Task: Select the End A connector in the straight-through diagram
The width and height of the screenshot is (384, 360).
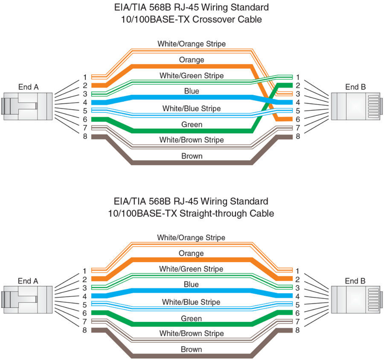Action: click(27, 300)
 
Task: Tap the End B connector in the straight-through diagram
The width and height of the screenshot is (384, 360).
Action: click(357, 300)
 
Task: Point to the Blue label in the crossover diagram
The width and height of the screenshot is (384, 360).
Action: click(191, 91)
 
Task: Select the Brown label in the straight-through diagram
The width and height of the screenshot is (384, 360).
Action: click(191, 349)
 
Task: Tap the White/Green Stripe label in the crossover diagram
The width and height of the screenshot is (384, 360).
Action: click(191, 76)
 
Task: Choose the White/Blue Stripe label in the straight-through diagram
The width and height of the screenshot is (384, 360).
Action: click(191, 302)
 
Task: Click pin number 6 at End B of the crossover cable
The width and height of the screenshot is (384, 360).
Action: click(298, 119)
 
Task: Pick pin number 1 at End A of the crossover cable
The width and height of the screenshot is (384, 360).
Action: click(85, 77)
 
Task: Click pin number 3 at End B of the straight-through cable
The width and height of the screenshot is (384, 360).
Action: click(297, 288)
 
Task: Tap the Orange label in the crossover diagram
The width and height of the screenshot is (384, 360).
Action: click(191, 60)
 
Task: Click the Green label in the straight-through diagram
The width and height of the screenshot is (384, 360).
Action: click(191, 318)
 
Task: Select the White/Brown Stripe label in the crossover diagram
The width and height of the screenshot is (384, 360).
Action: click(191, 140)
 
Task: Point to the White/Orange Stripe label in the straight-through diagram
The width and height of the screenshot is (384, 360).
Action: click(191, 237)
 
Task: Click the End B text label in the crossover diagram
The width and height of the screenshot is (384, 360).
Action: click(356, 87)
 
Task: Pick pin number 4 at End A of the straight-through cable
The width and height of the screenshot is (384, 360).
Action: click(85, 296)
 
